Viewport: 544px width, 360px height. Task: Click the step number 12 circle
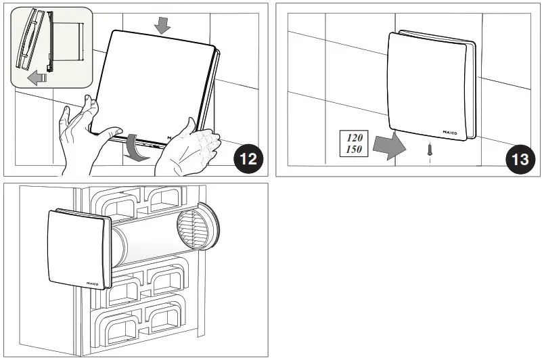click(x=247, y=160)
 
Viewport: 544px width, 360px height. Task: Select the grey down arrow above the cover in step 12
click(x=162, y=26)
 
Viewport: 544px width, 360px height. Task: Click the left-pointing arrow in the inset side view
click(x=37, y=78)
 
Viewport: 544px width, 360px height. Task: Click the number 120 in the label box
click(x=355, y=137)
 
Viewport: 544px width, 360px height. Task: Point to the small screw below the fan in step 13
click(x=429, y=150)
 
